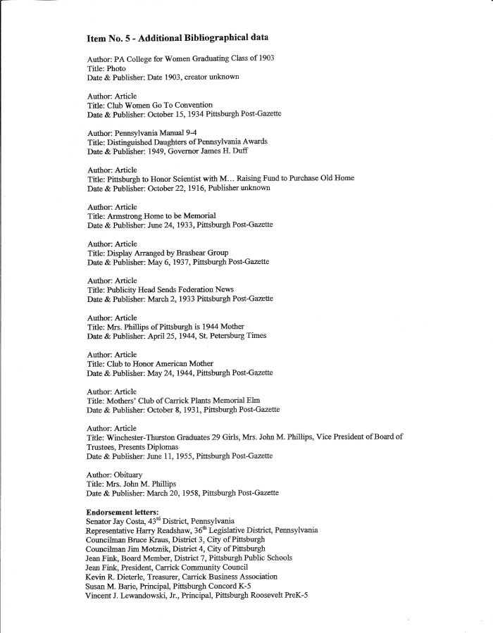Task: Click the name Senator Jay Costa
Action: click(121, 520)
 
